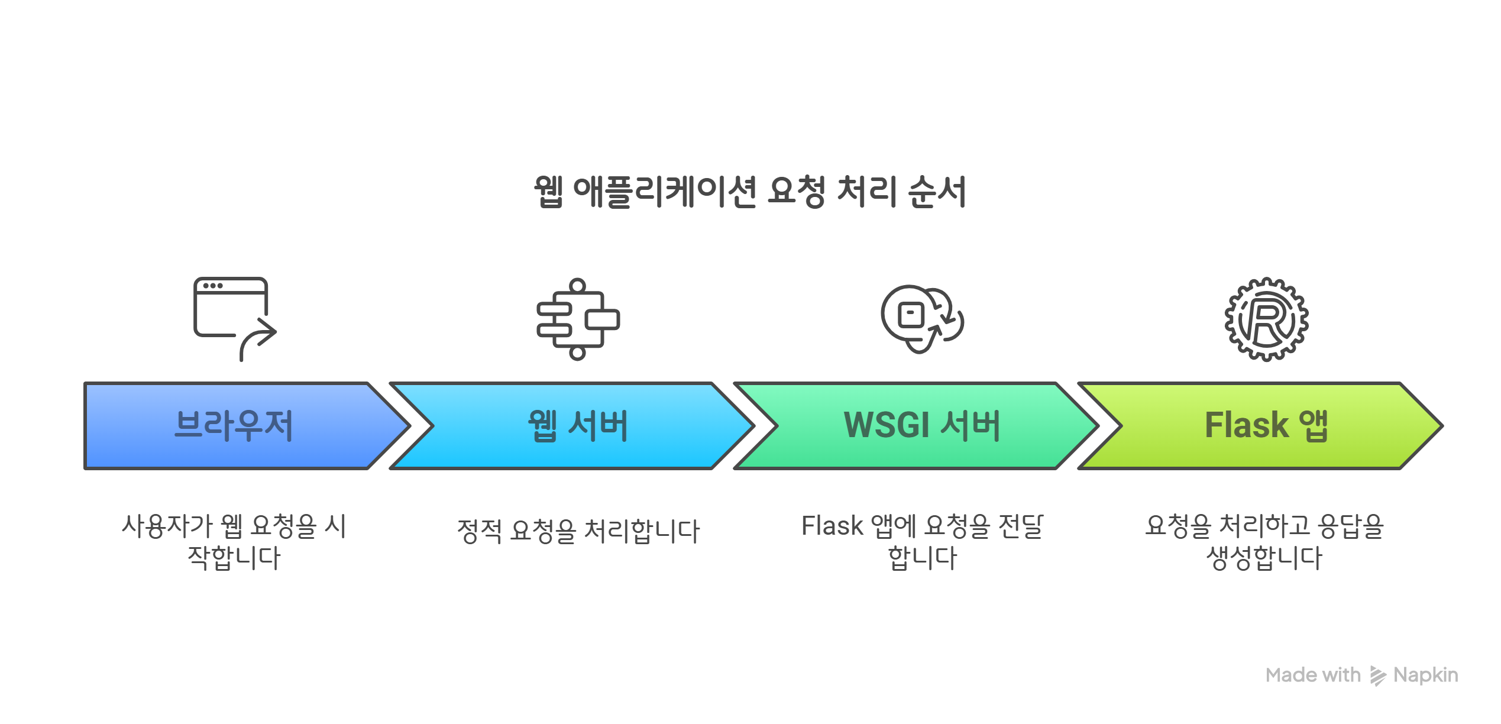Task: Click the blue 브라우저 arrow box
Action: click(237, 426)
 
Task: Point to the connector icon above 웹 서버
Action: click(578, 319)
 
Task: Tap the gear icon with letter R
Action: click(1266, 319)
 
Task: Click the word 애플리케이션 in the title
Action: click(665, 192)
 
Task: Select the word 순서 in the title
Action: click(937, 192)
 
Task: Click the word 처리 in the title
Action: click(866, 192)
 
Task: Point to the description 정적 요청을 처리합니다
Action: click(578, 531)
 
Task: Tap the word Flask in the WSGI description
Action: click(832, 526)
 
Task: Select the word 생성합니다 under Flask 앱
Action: click(1264, 558)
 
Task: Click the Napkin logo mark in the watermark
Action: click(1377, 675)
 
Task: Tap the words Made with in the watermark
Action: click(1313, 675)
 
